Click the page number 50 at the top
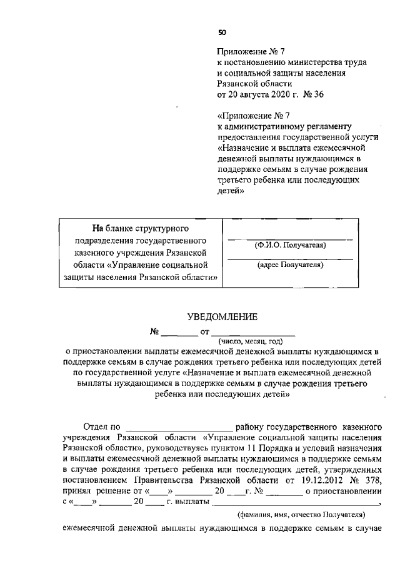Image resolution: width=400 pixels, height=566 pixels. pos(222,33)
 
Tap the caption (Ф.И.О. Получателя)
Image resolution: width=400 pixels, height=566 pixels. pos(289,245)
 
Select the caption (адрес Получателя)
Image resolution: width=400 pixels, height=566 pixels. pos(289,265)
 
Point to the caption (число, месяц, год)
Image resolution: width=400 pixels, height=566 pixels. pos(251,341)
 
